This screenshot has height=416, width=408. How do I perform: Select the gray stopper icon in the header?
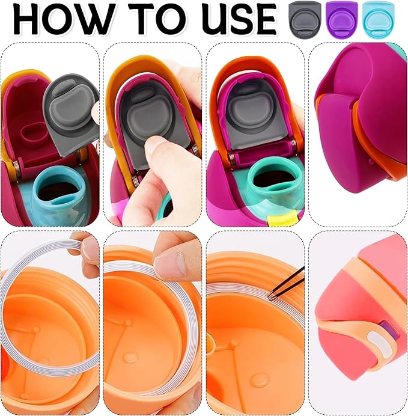305,19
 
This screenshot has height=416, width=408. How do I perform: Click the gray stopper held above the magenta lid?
71,115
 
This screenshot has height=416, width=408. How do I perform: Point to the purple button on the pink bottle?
389,331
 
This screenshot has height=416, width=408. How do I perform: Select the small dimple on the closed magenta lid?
371,161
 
